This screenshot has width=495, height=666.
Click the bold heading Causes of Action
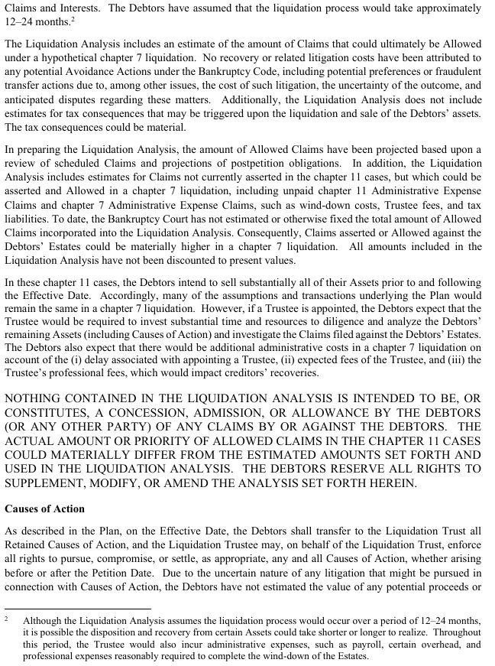pos(44,508)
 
